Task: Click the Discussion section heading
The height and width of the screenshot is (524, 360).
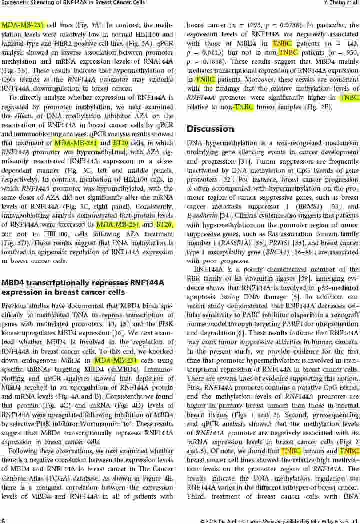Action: pyautogui.click(x=210, y=129)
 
